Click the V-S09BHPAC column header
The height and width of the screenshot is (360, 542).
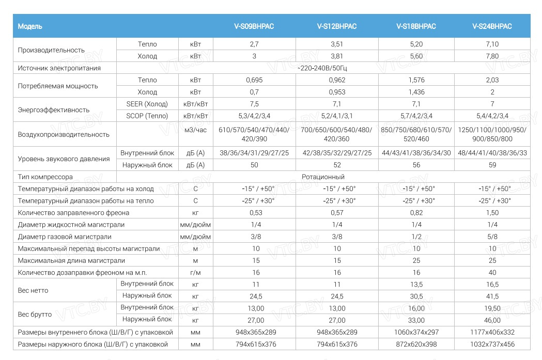254,26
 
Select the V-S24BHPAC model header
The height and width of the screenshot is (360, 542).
492,26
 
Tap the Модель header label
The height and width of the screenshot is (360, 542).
30,26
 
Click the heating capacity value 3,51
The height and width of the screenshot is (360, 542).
337,44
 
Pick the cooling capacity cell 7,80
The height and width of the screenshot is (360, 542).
492,56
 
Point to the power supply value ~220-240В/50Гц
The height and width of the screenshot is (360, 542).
323,68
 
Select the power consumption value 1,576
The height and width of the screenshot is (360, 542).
416,80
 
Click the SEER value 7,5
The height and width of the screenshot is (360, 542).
254,104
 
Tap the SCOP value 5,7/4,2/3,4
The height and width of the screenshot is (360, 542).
416,116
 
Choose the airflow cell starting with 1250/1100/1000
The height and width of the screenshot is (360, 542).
492,134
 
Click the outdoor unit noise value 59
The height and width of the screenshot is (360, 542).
492,165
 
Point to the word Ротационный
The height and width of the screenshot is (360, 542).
323,177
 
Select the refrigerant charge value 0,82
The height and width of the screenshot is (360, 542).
416,213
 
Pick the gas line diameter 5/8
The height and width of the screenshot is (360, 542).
492,237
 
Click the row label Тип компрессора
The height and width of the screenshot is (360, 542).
45,177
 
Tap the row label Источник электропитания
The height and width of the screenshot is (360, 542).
59,68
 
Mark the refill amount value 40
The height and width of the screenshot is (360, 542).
492,273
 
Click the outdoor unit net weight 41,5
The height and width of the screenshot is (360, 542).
492,296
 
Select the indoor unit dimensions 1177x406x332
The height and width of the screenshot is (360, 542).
492,332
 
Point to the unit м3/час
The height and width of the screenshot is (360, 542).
195,130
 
